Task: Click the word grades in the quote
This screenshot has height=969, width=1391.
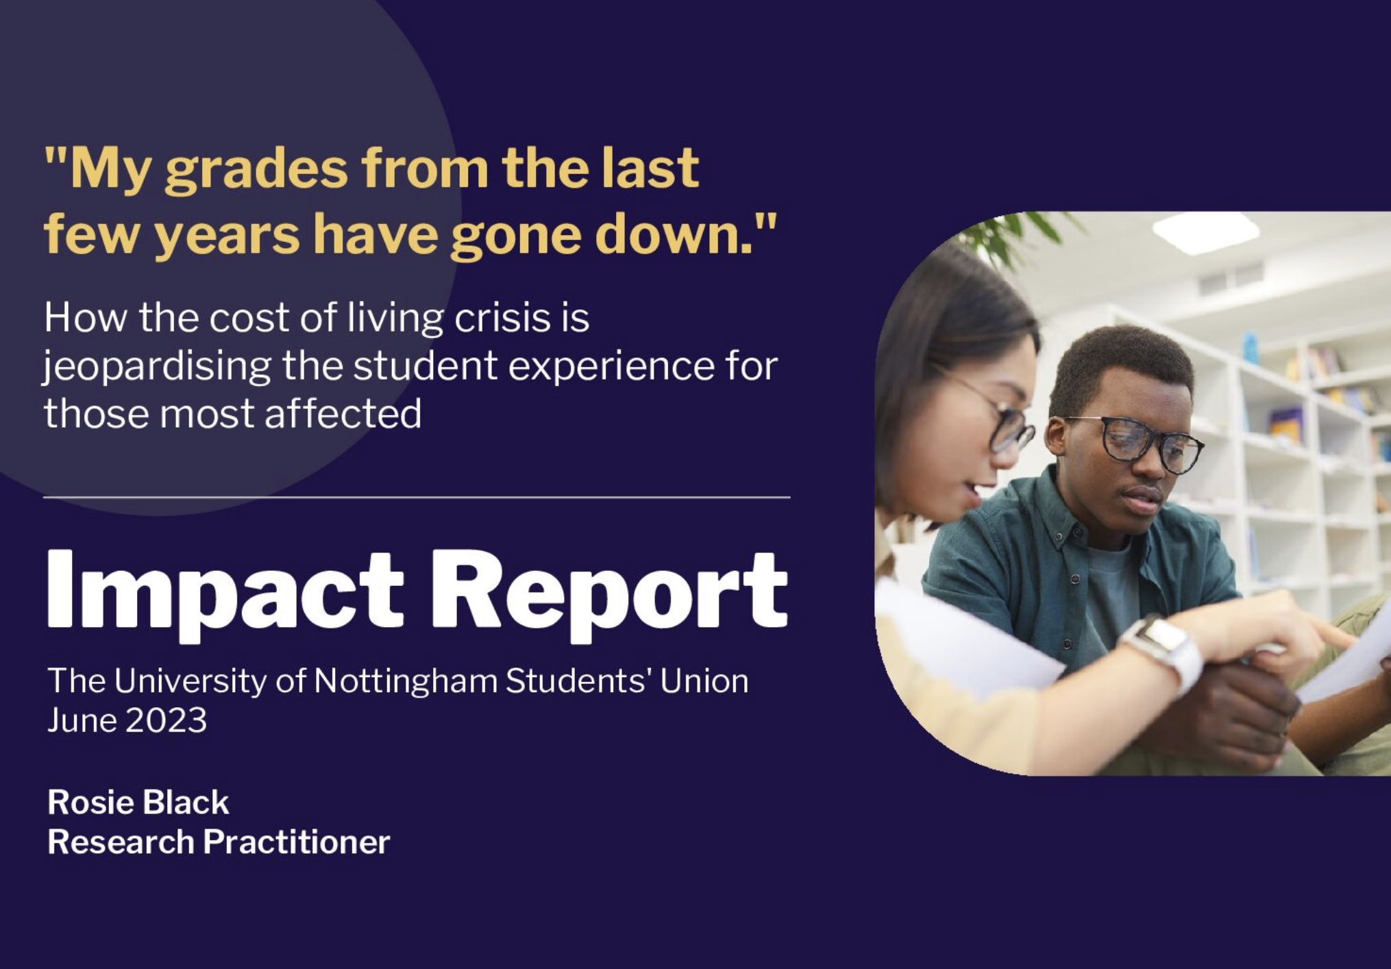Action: point(256,170)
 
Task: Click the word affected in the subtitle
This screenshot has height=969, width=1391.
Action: point(343,413)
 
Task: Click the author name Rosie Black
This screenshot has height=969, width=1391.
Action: point(138,802)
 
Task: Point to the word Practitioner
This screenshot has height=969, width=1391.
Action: point(296,842)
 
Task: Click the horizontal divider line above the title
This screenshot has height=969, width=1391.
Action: point(417,497)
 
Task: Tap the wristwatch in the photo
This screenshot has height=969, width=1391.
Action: point(1164,650)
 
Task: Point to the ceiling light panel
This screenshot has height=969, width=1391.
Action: point(1206,232)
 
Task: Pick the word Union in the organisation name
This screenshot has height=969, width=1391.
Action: point(704,681)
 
